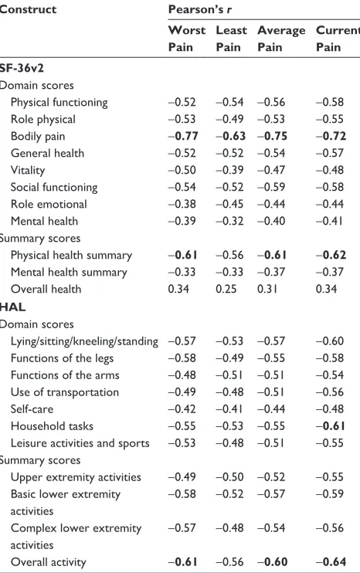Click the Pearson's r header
[200, 9]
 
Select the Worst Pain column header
[187, 39]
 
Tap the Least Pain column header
[231, 39]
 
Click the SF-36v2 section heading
[22, 68]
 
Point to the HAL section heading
[13, 307]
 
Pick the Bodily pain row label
[38, 137]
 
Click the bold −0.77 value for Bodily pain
[183, 137]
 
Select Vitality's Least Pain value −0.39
[229, 171]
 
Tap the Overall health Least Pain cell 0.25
[226, 289]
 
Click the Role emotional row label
[49, 204]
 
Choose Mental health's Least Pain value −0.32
[229, 221]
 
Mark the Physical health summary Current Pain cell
[331, 255]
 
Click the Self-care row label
[32, 409]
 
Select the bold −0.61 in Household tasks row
[331, 426]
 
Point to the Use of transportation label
[65, 392]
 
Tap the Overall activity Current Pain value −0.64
[331, 561]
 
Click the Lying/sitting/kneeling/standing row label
[84, 341]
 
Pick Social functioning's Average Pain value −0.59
[271, 187]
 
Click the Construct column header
[28, 9]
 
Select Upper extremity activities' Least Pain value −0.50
[229, 477]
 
